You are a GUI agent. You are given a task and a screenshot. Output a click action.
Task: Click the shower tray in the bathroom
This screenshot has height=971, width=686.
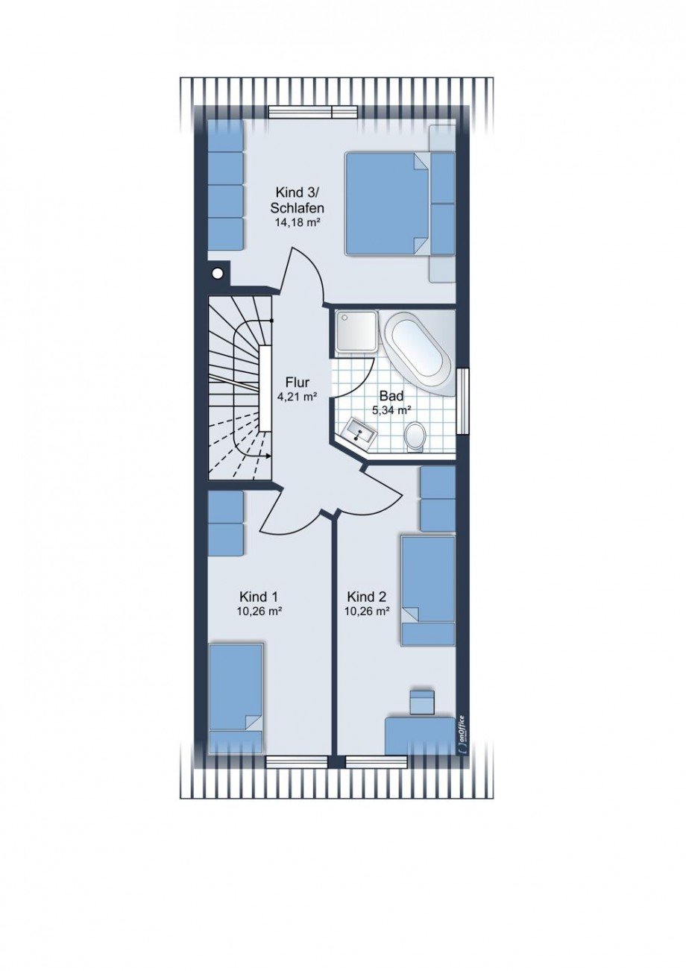click(356, 332)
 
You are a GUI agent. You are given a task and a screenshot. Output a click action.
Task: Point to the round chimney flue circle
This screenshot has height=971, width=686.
click(218, 274)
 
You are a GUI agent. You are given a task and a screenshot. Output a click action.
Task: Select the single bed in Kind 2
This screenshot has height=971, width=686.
click(428, 591)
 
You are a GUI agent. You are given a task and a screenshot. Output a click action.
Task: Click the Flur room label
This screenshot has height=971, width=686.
click(297, 383)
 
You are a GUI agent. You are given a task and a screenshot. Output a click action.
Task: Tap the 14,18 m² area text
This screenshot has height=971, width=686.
click(298, 223)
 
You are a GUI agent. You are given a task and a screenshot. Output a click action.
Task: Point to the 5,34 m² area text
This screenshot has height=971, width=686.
click(391, 409)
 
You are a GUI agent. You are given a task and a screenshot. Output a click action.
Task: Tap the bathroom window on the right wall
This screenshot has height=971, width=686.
click(463, 400)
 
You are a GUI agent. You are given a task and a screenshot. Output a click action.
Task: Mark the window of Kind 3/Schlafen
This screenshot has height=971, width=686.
click(313, 112)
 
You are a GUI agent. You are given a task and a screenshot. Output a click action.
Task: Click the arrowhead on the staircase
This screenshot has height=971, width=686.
click(268, 456)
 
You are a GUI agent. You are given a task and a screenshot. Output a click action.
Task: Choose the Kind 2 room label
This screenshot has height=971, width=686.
click(366, 597)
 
